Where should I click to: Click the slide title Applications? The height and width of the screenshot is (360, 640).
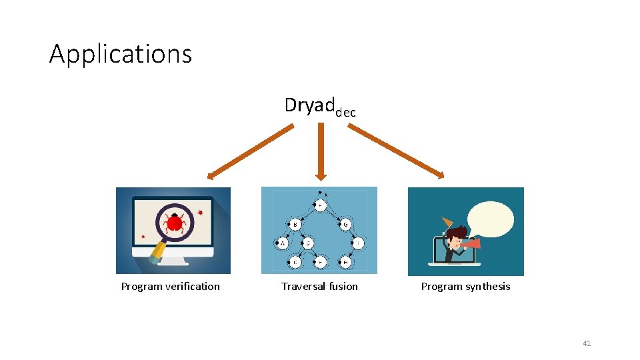coord(121,54)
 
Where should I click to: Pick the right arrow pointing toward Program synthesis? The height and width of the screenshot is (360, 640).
coord(396,151)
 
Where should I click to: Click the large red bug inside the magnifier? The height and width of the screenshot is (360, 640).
coord(175,221)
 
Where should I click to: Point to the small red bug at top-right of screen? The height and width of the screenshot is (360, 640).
coord(200,213)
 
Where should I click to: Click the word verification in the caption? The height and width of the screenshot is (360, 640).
coord(193,287)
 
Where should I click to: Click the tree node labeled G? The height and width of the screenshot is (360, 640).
coord(345,225)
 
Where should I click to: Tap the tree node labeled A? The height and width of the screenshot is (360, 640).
coord(283,244)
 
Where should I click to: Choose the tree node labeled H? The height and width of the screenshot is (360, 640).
coord(345,263)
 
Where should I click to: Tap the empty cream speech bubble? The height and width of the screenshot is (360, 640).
coord(491,220)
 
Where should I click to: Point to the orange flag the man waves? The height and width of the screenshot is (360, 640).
coord(446,222)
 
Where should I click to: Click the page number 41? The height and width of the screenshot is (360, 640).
coord(587,343)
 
